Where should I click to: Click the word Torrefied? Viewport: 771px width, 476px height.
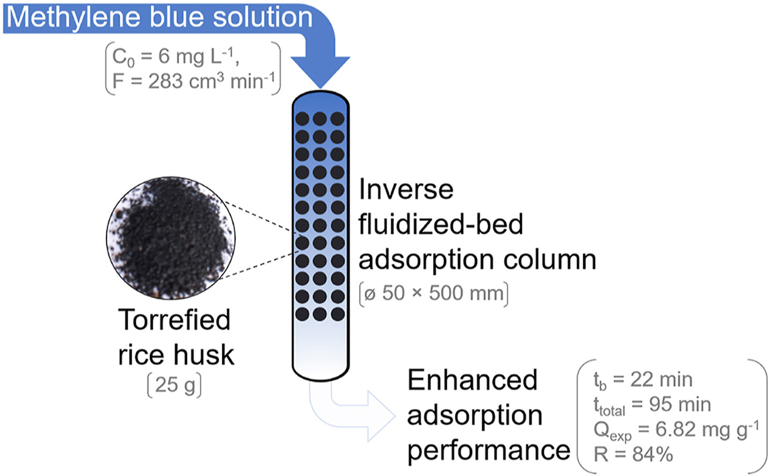[174, 320]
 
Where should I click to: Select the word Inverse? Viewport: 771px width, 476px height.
[406, 189]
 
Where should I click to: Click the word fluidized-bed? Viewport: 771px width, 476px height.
[440, 224]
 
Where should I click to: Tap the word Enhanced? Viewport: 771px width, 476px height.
[472, 380]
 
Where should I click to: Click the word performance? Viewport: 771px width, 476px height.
[488, 450]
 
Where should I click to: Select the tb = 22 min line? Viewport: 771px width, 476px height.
[643, 380]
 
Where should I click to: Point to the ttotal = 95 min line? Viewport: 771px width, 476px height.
[652, 405]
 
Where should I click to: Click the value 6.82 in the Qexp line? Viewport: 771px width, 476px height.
[678, 429]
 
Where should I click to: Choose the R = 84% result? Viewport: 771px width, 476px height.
[633, 454]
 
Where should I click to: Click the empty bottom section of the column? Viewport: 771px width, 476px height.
[321, 349]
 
